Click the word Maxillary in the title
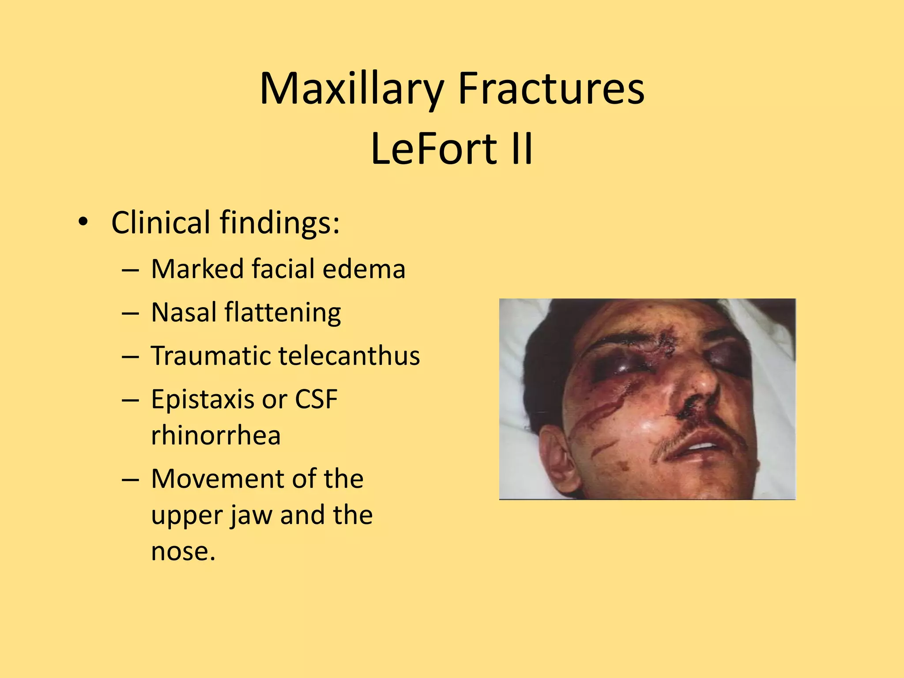351,89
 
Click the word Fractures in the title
551,89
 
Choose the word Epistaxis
203,400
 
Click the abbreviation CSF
316,399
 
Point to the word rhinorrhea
216,436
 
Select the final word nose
182,551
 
